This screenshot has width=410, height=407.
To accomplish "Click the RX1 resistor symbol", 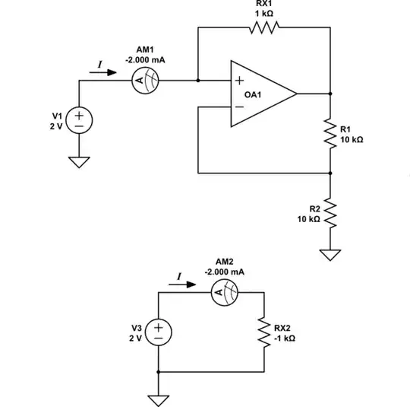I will (x=263, y=28).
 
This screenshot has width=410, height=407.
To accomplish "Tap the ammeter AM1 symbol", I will (x=145, y=79).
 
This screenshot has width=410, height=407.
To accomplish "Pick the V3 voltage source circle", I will (x=158, y=332).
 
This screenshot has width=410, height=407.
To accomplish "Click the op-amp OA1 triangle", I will (x=263, y=94).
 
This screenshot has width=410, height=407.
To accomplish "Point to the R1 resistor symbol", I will (x=330, y=133).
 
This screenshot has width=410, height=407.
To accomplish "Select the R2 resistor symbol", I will (x=330, y=213).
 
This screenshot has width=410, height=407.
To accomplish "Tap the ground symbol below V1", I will (x=77, y=162).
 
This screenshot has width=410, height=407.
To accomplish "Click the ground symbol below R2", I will (x=330, y=255).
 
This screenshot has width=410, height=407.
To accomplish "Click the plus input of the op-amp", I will (x=239, y=80).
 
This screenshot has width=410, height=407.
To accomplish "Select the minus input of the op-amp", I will (x=239, y=107).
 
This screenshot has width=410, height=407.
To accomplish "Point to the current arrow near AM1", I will (x=106, y=73).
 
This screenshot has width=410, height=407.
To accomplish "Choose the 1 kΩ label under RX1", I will (x=263, y=14).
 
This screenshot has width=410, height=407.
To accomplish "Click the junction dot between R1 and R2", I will (x=330, y=173).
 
